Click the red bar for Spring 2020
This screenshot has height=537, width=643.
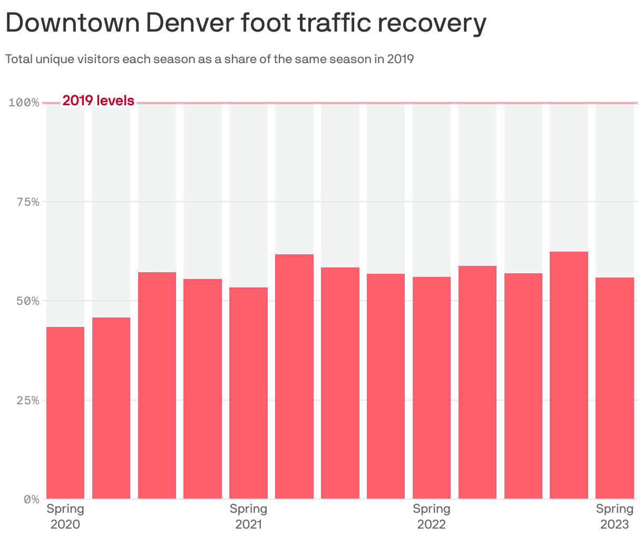point(65,413)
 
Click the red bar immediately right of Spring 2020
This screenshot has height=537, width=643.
point(111,408)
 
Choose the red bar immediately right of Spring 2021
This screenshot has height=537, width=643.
point(294,376)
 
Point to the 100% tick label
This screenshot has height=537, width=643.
point(24,102)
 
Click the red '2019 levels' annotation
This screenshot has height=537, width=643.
point(98,101)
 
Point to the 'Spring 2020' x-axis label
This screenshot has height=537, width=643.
point(65,516)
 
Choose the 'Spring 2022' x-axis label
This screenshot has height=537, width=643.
point(431,516)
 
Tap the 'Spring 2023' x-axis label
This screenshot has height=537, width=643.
point(615,516)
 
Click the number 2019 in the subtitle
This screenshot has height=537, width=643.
point(400,59)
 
